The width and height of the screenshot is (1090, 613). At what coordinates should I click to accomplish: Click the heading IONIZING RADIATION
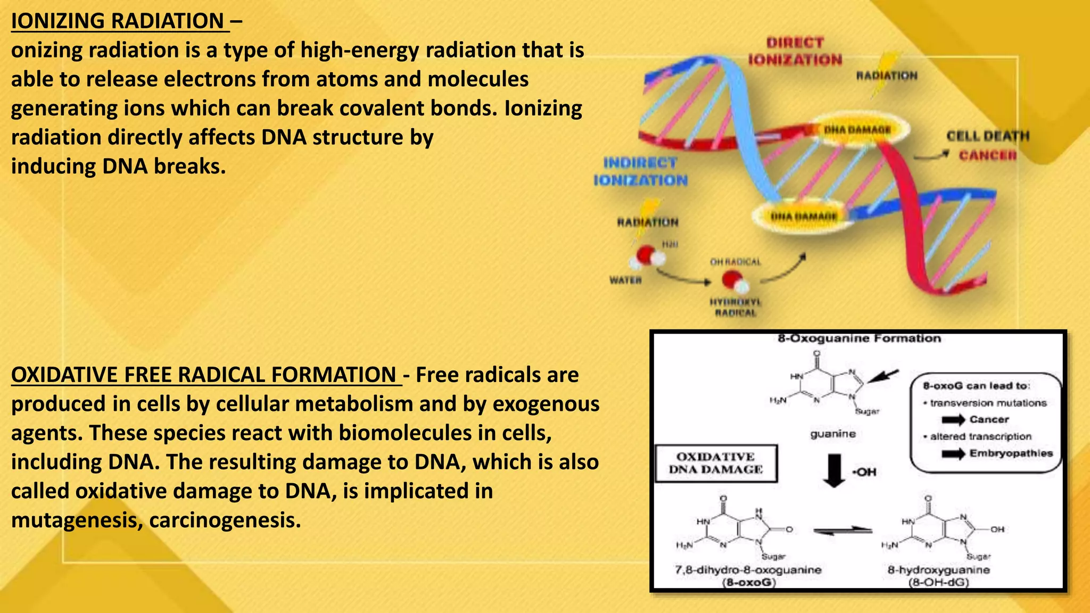pos(118,21)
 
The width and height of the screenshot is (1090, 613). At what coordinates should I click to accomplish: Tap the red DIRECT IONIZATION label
pos(795,51)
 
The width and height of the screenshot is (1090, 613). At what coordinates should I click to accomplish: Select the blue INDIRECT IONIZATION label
pos(641,171)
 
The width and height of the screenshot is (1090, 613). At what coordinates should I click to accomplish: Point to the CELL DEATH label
pos(988,136)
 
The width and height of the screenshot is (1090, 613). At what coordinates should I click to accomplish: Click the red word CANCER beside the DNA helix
pos(988,155)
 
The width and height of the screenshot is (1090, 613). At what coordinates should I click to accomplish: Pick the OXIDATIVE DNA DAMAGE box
pos(716,463)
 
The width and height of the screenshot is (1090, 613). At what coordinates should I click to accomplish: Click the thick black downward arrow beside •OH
pos(834,470)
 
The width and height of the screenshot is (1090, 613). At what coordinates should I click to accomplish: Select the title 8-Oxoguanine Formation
pos(859,338)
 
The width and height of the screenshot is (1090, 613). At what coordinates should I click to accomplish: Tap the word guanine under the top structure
pos(833,434)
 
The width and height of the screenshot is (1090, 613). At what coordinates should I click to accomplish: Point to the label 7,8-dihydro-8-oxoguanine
pos(748,570)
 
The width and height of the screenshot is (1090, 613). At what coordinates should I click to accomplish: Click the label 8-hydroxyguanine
pos(939,570)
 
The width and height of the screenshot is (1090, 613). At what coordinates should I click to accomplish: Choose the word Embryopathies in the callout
pos(1011,453)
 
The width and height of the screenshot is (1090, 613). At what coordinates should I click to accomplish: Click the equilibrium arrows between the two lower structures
pos(843,531)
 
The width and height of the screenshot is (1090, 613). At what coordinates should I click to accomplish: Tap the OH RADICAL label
pos(736,262)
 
